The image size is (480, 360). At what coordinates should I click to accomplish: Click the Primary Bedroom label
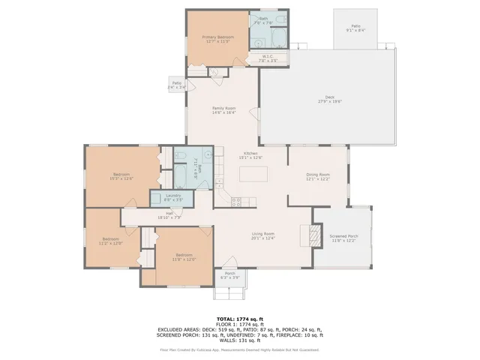(218, 37)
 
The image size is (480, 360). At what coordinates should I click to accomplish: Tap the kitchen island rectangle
(253, 174)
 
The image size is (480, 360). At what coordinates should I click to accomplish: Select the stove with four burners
(235, 200)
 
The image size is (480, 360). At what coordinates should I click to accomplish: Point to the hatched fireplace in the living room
(306, 235)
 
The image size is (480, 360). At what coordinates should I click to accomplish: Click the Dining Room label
(318, 176)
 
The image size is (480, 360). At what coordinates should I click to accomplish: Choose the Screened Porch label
(344, 237)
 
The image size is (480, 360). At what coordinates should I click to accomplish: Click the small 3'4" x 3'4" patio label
(176, 84)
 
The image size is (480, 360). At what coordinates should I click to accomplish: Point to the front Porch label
(231, 274)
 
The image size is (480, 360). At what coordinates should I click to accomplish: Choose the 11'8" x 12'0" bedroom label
(184, 257)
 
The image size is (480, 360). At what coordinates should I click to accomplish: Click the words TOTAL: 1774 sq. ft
(239, 318)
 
